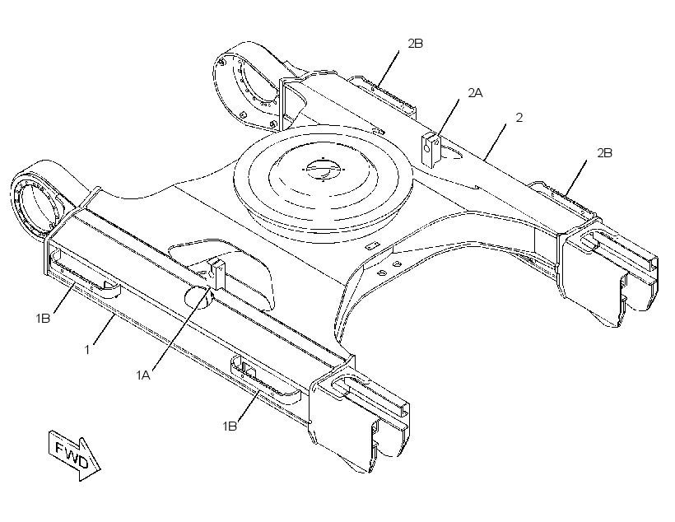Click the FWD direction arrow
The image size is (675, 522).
point(74,455)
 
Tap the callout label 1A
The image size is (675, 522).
point(143,375)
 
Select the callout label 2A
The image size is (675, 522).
point(475,92)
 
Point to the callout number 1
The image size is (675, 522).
point(87,350)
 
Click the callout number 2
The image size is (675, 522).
point(519,118)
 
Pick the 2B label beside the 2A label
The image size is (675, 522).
point(416,43)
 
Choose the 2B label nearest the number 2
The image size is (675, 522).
point(604,153)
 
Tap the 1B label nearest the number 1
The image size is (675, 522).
point(43,319)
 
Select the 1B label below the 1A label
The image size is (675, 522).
point(230,426)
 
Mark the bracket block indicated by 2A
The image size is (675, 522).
point(431,150)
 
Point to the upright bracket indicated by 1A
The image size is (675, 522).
point(217,273)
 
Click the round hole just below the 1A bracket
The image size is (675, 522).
point(198,296)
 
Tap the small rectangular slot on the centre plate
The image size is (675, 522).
point(370,246)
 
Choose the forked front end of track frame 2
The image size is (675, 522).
point(607,272)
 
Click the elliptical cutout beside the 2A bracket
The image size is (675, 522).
point(451,152)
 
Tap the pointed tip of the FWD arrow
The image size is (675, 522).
point(100,469)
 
